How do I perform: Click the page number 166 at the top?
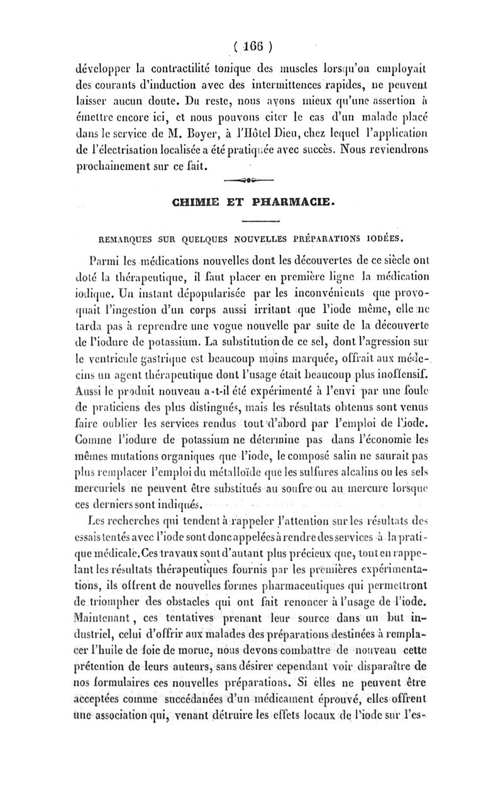(251, 46)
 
